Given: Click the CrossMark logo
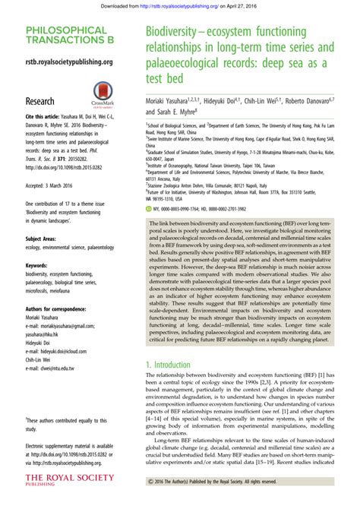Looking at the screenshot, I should click(x=103, y=94).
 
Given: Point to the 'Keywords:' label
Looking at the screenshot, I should click(x=37, y=267).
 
